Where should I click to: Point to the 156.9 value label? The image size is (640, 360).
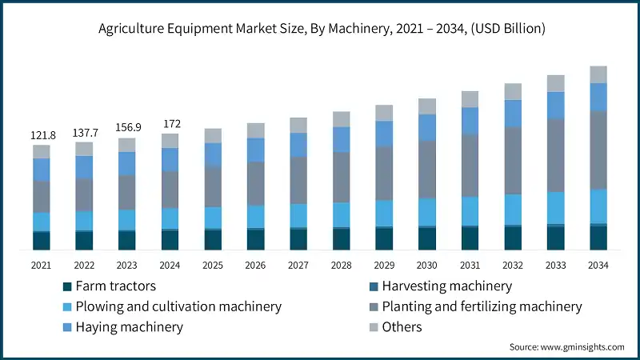click(x=126, y=127)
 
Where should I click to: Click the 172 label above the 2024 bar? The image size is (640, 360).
click(x=170, y=124)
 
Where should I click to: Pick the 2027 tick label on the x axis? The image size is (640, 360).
click(x=298, y=265)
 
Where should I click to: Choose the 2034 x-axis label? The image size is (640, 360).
click(x=598, y=265)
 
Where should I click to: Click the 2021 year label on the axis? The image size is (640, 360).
click(x=41, y=265)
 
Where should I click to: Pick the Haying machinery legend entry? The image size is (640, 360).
click(x=128, y=326)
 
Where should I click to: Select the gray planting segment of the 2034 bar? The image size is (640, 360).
click(x=598, y=150)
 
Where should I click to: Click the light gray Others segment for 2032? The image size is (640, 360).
click(x=513, y=91)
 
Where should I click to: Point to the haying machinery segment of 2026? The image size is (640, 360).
click(x=255, y=150)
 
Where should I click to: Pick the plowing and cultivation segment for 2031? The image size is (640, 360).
click(x=470, y=210)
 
